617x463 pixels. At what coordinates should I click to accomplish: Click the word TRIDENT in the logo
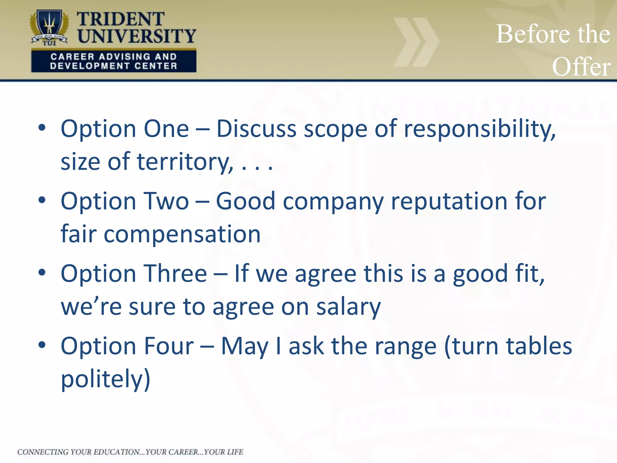120,19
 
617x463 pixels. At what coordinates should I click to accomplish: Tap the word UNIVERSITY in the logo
137,36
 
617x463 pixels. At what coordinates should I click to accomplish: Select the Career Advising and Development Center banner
114,61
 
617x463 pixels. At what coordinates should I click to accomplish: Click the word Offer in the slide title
581,67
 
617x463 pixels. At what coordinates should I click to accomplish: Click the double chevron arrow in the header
416,42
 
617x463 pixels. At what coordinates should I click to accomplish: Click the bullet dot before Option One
42,128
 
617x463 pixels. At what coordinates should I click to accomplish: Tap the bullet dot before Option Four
42,345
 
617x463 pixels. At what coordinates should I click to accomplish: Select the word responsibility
479,129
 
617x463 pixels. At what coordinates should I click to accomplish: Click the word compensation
182,234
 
